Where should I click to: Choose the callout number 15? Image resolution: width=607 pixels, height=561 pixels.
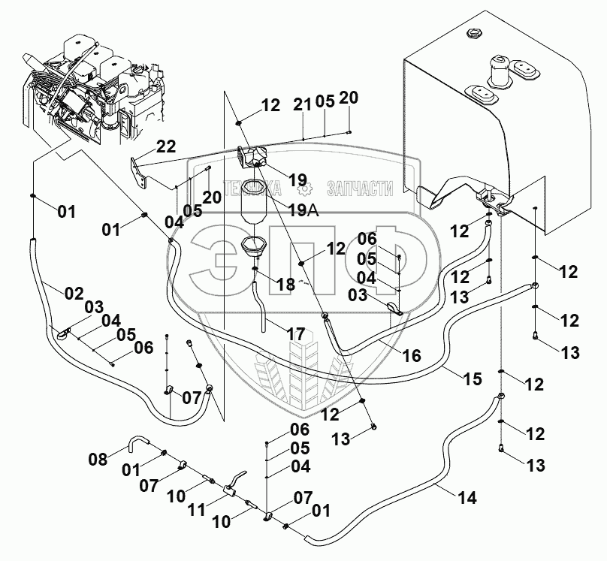[x=472, y=379]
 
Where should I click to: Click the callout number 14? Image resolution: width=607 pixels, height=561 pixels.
[x=467, y=496]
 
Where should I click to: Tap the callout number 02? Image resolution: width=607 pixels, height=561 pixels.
[x=73, y=294]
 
